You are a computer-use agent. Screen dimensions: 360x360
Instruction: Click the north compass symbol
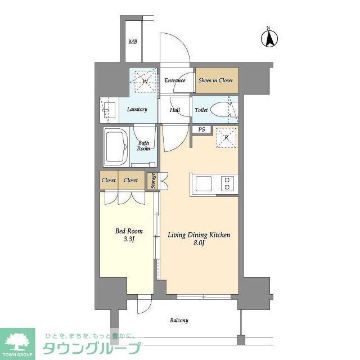(269, 38)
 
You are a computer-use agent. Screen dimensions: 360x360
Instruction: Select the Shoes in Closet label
(215, 80)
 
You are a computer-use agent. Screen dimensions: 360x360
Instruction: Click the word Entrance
(175, 80)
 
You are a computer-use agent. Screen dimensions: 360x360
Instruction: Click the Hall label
(175, 110)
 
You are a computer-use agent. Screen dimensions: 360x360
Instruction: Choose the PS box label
(201, 130)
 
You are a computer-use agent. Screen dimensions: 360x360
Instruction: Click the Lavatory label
(137, 109)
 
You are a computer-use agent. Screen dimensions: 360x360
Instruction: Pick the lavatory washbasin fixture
(108, 110)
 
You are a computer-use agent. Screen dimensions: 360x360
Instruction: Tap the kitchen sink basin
(202, 184)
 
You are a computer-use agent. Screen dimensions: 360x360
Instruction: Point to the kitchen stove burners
(227, 184)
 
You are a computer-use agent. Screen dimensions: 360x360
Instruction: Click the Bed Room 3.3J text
(129, 235)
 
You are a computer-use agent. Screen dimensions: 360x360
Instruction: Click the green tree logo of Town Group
(17, 340)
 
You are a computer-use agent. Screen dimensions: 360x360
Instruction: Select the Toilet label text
(201, 110)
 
